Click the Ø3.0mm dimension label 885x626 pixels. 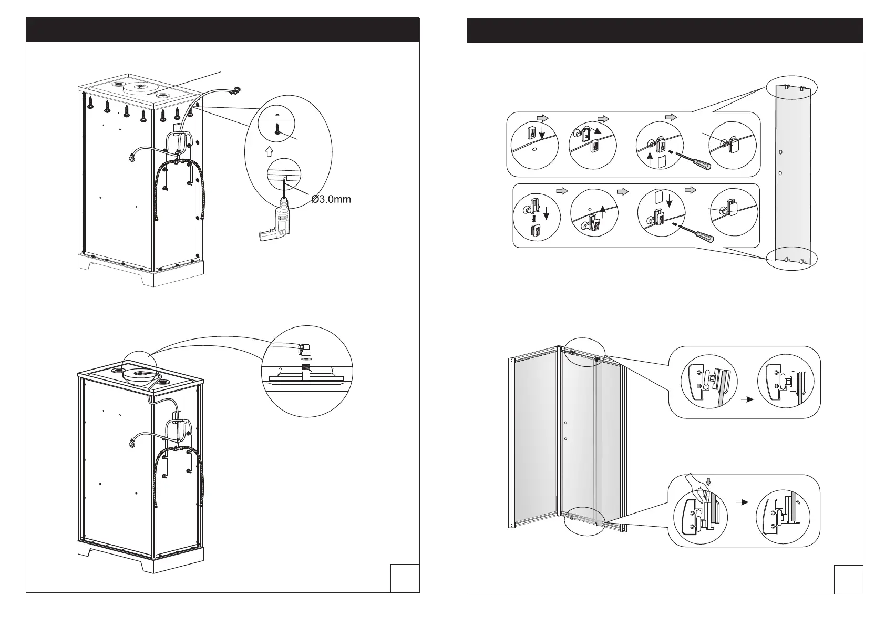tap(331, 199)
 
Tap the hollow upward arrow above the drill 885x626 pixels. tap(269, 151)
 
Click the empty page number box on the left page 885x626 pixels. tap(405, 578)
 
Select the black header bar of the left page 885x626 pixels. tap(223, 29)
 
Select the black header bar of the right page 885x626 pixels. tap(665, 29)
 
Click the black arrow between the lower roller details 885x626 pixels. tap(741, 502)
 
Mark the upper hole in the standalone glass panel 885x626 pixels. tap(780, 152)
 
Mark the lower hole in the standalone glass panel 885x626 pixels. tap(780, 173)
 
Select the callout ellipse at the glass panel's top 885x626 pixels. tap(793, 87)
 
